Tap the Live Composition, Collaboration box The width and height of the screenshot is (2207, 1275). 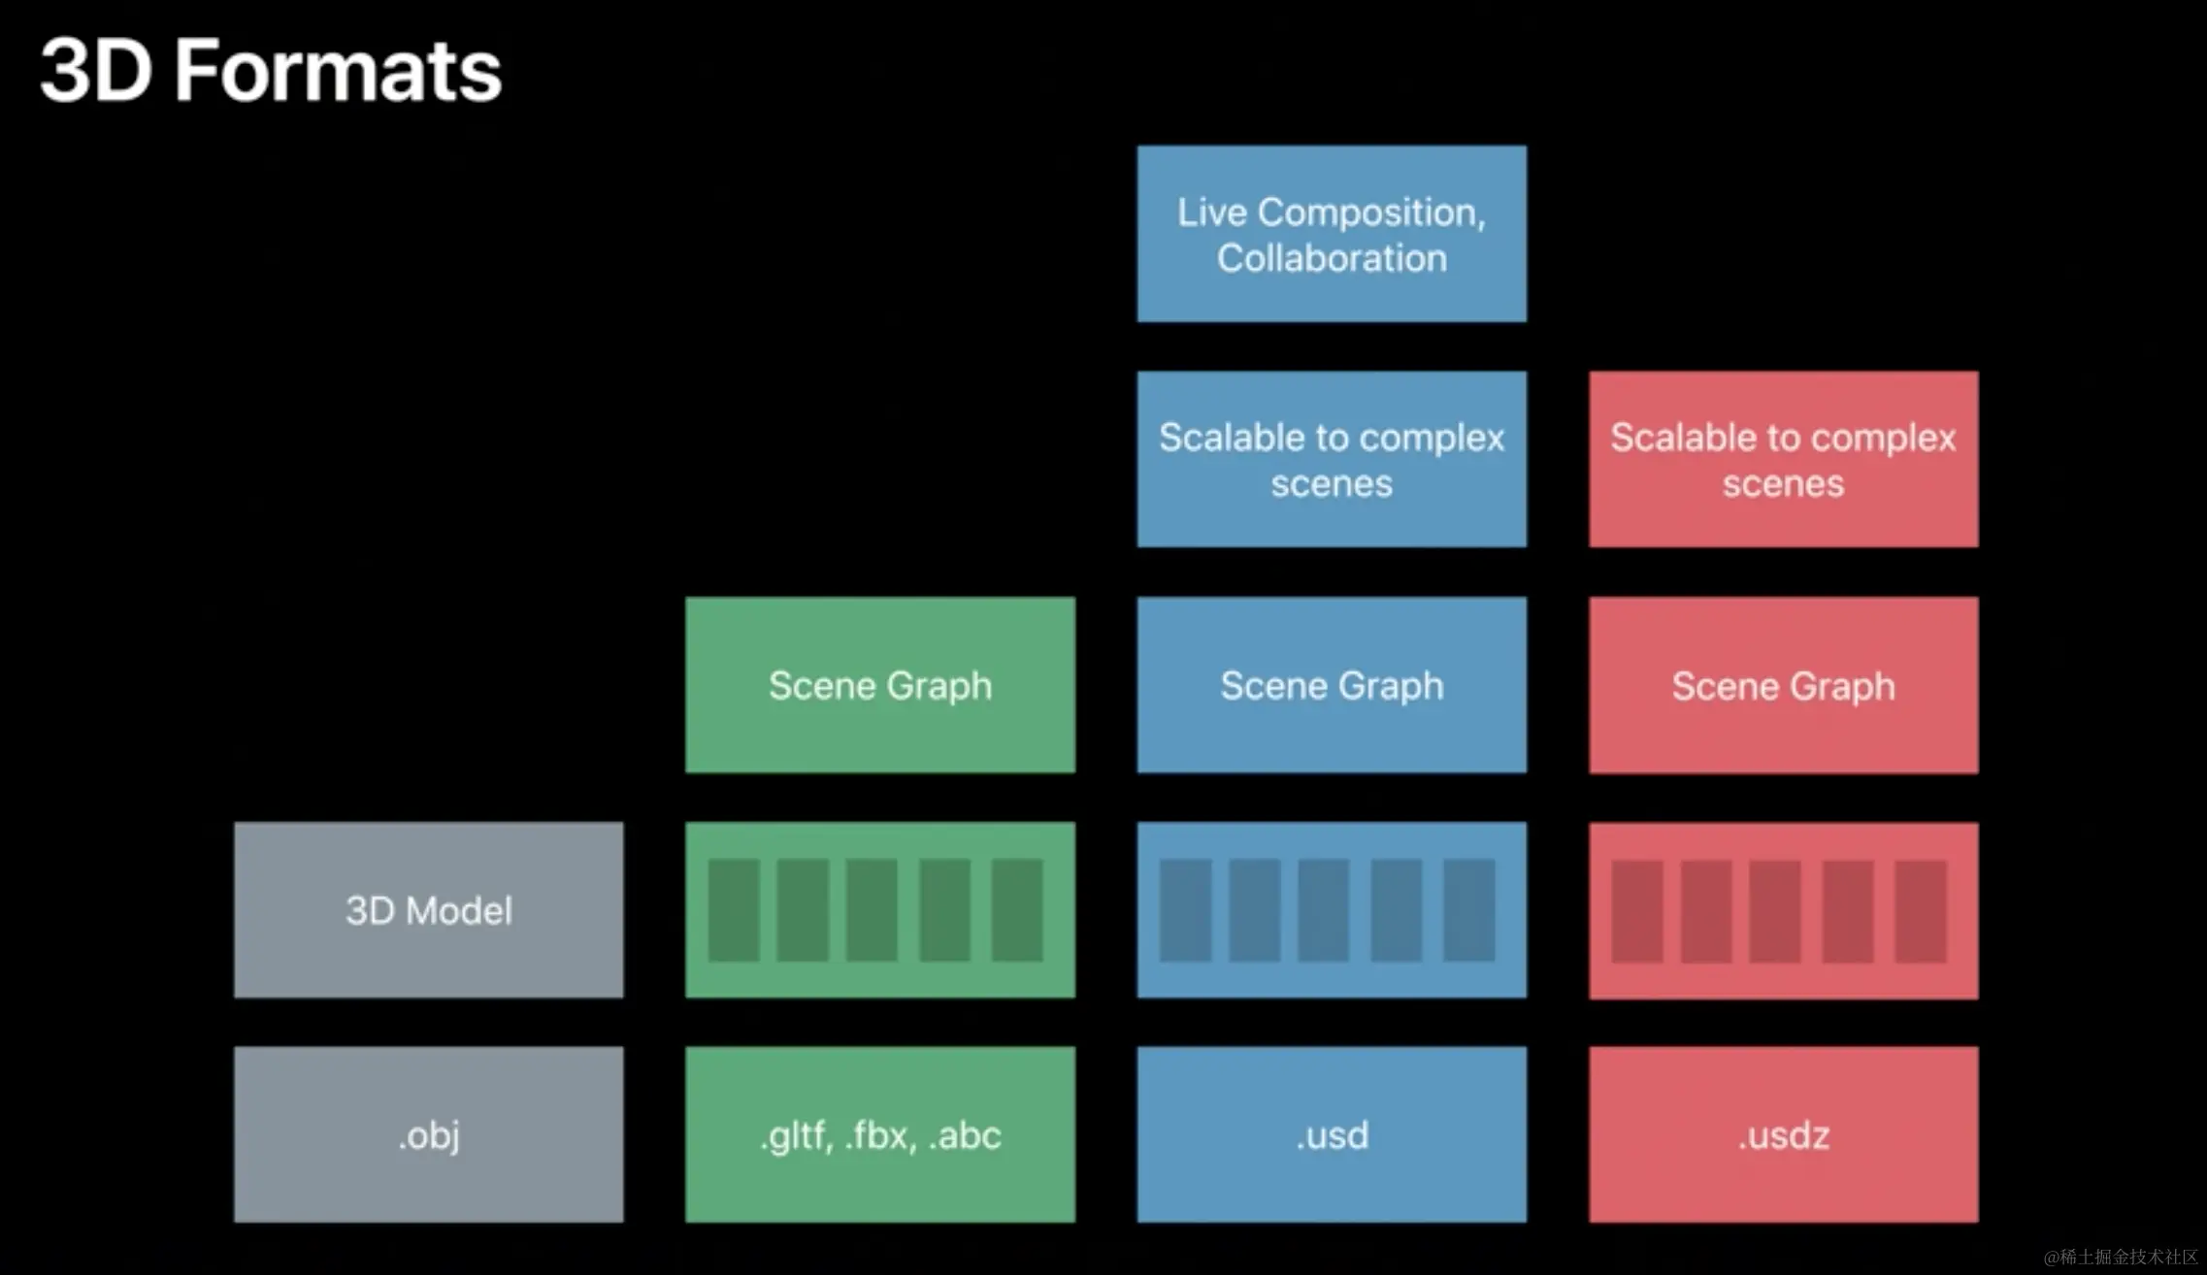tap(1332, 234)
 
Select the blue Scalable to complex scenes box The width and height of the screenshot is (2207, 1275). tap(1332, 459)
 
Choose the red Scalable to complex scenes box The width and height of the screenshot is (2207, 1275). tap(1784, 459)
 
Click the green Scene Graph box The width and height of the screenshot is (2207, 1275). tap(880, 685)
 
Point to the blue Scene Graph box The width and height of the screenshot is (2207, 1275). tap(1332, 685)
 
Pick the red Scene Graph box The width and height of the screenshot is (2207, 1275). tap(1784, 685)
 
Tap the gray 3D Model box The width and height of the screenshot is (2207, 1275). tap(429, 910)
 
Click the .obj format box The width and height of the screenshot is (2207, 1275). tap(429, 1134)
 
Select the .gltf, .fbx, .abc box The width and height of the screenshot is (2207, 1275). tap(880, 1134)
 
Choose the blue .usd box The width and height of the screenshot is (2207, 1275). tap(1332, 1134)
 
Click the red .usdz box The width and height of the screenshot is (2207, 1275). tap(1784, 1134)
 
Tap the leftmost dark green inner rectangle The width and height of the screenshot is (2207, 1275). tap(734, 910)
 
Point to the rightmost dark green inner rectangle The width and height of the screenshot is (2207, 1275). tap(1017, 910)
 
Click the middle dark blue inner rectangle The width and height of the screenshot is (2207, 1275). tap(1324, 910)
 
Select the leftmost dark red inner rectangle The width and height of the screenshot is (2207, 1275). tap(1637, 911)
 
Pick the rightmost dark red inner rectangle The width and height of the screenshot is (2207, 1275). tap(1921, 911)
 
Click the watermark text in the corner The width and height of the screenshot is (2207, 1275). tap(2121, 1257)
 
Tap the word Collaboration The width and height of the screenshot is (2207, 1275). tap(1332, 258)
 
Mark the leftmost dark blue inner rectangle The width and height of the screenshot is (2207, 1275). tap(1185, 910)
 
